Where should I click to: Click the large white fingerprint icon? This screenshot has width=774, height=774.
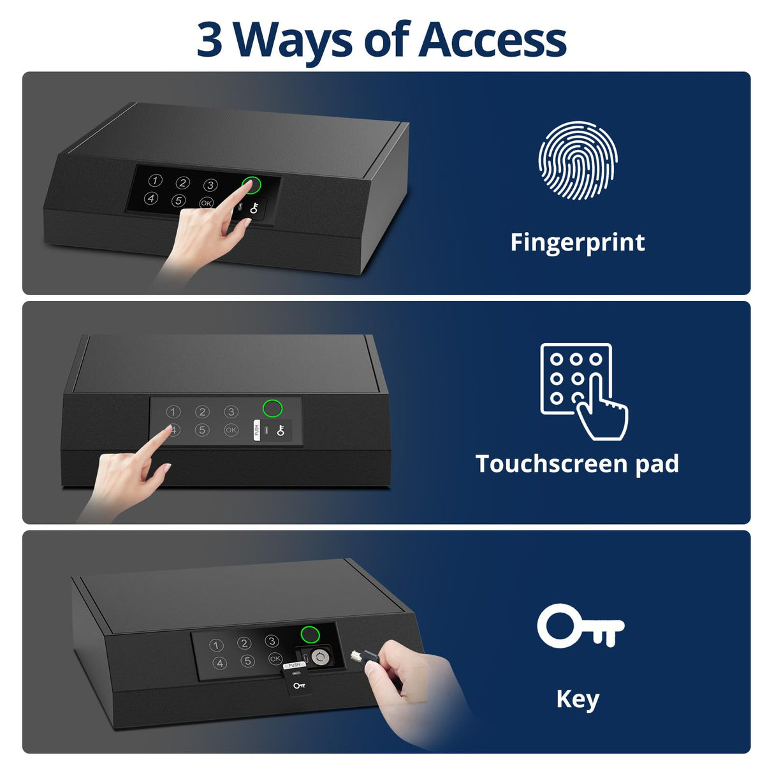(x=578, y=161)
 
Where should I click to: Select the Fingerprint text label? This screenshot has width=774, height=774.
(x=578, y=243)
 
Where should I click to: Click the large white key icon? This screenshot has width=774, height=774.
(x=580, y=626)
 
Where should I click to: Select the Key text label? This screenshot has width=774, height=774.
(x=578, y=699)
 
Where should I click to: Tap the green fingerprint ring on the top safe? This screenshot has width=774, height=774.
(x=252, y=185)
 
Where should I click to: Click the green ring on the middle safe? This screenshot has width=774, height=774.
(x=273, y=408)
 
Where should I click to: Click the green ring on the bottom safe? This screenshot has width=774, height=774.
(x=310, y=634)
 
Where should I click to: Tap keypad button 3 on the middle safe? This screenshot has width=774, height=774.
(x=231, y=412)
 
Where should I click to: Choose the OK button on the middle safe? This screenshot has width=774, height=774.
(x=231, y=430)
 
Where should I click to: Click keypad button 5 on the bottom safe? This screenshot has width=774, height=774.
(x=247, y=661)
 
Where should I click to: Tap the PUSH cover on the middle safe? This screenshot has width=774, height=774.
(x=257, y=430)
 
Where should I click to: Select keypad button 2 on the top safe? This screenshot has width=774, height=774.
(x=183, y=183)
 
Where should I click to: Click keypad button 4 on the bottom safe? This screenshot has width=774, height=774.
(x=220, y=664)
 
